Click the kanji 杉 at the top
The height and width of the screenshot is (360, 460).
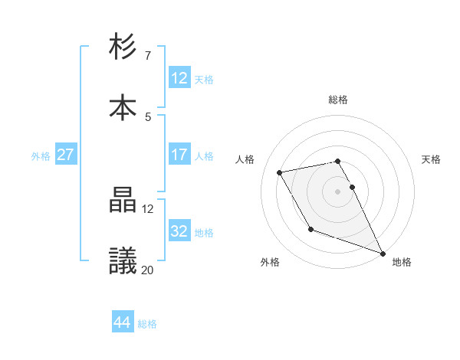coord(123,47)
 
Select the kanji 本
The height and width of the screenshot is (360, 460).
coord(123,107)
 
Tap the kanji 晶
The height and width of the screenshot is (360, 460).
coord(123,201)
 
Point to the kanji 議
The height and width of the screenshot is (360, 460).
coord(123,261)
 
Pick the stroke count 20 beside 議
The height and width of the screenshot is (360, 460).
coord(147,270)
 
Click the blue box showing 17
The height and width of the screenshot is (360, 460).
coord(179,155)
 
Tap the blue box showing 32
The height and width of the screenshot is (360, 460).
coord(179,231)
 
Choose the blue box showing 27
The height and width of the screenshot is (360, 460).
coord(65,155)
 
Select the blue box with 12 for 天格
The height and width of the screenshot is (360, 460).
coord(179,78)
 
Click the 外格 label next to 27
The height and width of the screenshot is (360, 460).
coord(41,155)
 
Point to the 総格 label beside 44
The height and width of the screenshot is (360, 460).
coord(147,323)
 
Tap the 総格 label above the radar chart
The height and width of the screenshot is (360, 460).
coord(338,100)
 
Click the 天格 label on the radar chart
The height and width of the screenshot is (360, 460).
coord(431,159)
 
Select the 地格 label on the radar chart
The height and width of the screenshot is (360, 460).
coord(402,263)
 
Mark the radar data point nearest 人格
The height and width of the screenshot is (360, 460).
coord(280,172)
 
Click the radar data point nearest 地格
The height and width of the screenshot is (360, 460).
coord(382,253)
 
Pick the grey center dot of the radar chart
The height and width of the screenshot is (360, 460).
coord(338,191)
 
